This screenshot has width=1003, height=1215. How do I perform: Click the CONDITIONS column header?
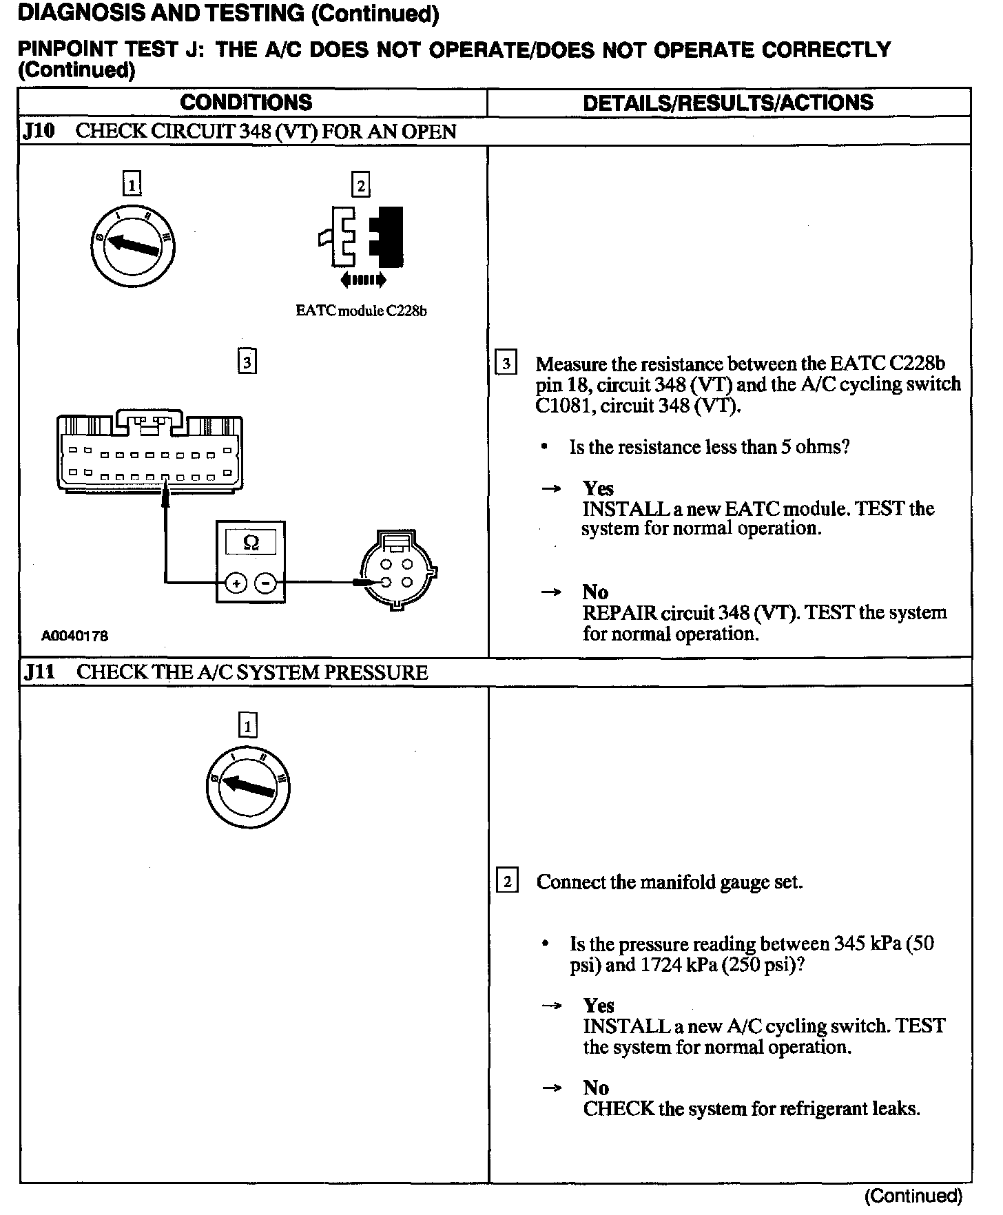246,103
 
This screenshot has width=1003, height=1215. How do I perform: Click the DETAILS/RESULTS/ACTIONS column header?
727,103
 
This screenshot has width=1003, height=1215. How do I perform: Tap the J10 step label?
39,132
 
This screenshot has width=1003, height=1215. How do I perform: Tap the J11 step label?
39,672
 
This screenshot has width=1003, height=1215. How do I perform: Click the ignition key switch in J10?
132,245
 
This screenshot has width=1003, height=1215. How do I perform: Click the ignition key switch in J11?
247,786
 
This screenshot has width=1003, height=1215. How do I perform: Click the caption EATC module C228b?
361,311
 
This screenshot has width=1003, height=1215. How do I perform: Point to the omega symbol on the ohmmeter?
251,543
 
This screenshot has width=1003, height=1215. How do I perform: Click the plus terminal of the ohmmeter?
236,583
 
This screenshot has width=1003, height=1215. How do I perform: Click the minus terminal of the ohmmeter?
265,583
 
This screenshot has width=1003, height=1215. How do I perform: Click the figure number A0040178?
74,636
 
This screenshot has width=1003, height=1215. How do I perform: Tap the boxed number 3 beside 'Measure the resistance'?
506,363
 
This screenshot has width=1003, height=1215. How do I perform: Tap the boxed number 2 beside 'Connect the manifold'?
507,882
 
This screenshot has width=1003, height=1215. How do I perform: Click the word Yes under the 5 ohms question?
598,488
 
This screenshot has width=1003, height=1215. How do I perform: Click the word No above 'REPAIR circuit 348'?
595,592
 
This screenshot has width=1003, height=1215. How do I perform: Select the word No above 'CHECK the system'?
596,1088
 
